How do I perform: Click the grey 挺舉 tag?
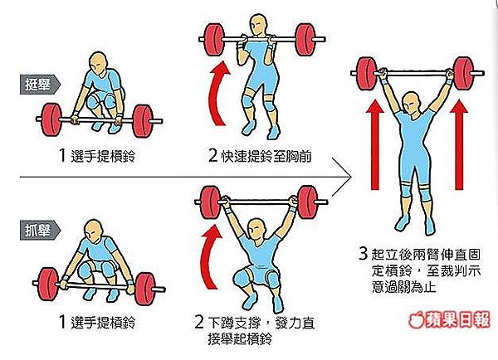point(40,85)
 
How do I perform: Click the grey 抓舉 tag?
point(40,230)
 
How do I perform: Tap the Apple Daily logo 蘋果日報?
point(449,319)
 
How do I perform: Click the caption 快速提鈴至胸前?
point(260,156)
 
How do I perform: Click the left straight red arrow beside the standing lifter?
point(375,145)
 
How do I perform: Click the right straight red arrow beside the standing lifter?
point(459,145)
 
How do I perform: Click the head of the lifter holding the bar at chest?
point(260,25)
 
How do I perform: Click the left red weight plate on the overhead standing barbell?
point(366,74)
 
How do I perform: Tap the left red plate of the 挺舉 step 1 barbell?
point(51,119)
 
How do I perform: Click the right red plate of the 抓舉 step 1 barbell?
point(144,289)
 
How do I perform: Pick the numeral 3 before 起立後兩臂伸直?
point(364,254)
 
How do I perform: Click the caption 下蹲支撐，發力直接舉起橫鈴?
point(255,331)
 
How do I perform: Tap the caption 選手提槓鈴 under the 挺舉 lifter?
point(97,156)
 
